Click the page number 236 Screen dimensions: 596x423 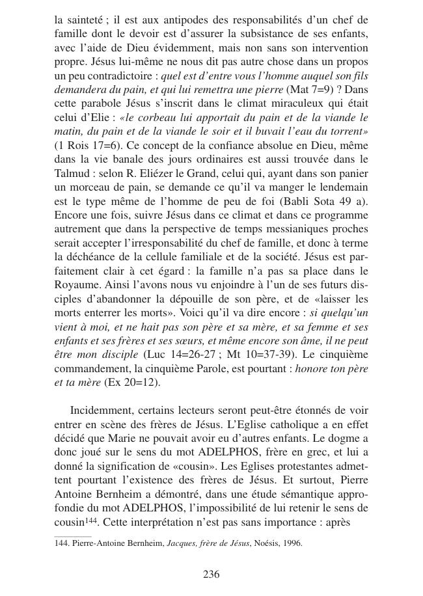[x=211, y=574]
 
